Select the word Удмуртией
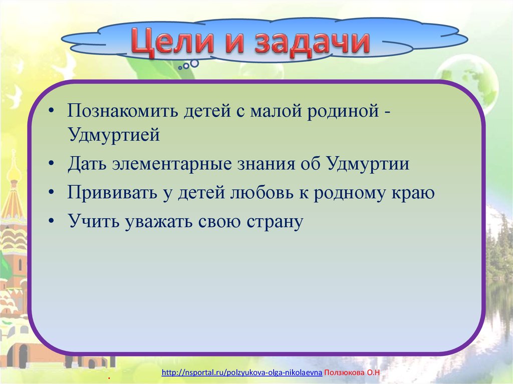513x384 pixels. click(114, 135)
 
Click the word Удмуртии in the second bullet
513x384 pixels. click(368, 164)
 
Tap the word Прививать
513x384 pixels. click(112, 192)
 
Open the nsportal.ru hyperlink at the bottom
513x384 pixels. click(242, 372)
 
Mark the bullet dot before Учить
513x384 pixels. click(51, 221)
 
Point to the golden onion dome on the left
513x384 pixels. click(14, 171)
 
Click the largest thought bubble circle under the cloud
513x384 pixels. click(194, 63)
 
